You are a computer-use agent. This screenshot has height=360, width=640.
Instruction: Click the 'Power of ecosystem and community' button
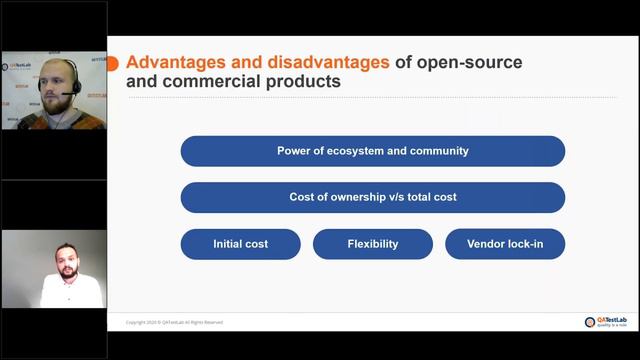pyautogui.click(x=372, y=151)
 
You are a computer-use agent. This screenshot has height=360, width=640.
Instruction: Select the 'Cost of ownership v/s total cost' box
pyautogui.click(x=372, y=197)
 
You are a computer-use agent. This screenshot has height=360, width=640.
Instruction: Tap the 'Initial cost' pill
pyautogui.click(x=240, y=244)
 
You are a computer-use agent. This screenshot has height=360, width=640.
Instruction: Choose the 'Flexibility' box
pyautogui.click(x=372, y=244)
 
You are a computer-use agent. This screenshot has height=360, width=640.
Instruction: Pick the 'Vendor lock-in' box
pyautogui.click(x=505, y=244)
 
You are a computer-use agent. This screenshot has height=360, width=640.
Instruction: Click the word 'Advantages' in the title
pyautogui.click(x=180, y=62)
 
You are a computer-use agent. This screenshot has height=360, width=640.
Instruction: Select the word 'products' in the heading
pyautogui.click(x=303, y=83)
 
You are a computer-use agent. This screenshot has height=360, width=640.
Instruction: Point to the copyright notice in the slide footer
pyautogui.click(x=174, y=322)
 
